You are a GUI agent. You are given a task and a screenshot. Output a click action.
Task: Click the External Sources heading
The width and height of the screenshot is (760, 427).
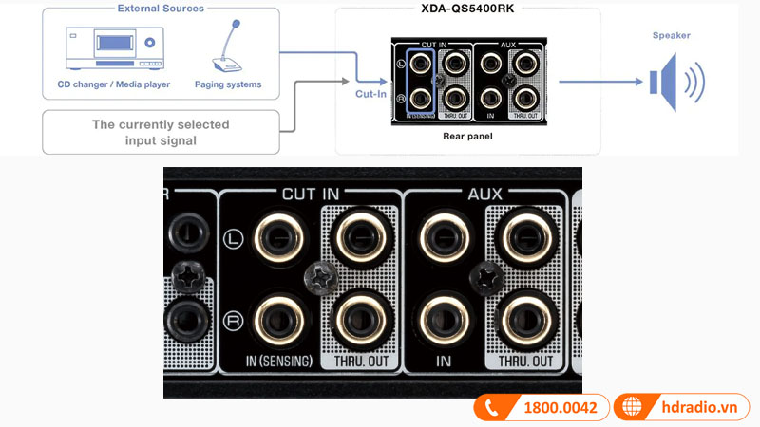(x=161, y=9)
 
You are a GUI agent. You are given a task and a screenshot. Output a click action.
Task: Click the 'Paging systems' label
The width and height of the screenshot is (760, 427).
(x=229, y=84)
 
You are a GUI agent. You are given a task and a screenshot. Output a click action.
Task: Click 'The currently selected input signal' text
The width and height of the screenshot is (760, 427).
(x=161, y=133)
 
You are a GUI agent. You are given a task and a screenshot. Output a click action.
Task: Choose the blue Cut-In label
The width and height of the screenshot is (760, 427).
(x=371, y=95)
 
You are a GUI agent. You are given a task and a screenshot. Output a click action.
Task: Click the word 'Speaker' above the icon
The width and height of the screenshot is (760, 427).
(x=672, y=35)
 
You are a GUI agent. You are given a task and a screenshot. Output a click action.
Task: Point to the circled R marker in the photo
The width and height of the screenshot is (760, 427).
(x=234, y=320)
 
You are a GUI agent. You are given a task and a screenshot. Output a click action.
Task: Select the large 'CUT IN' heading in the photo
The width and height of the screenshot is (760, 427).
(x=311, y=193)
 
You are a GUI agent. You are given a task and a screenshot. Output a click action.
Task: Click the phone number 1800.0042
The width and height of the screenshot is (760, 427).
(x=560, y=408)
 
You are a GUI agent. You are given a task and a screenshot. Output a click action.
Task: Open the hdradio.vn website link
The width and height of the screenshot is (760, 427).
(x=701, y=408)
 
